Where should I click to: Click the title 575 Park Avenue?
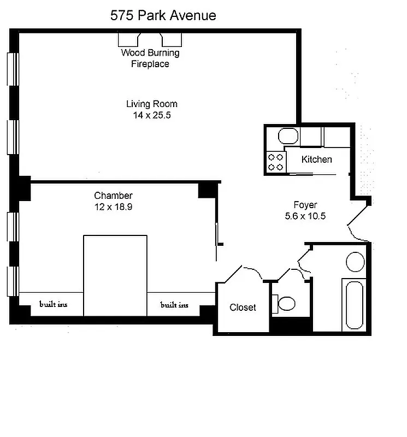tap(163, 15)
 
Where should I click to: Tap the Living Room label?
tap(151, 104)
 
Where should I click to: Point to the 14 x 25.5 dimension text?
tap(151, 115)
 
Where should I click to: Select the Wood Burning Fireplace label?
tap(150, 58)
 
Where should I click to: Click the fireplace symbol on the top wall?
tap(150, 39)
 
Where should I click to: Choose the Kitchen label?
tap(317, 160)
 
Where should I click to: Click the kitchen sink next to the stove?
tap(287, 135)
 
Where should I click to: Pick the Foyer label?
tap(305, 205)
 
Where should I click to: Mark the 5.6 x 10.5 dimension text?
tap(305, 216)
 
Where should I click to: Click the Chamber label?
tap(113, 196)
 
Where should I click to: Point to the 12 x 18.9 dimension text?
tap(113, 207)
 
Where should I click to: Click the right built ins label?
tap(174, 305)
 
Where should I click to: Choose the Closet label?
tap(243, 308)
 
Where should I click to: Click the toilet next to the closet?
tap(285, 302)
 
